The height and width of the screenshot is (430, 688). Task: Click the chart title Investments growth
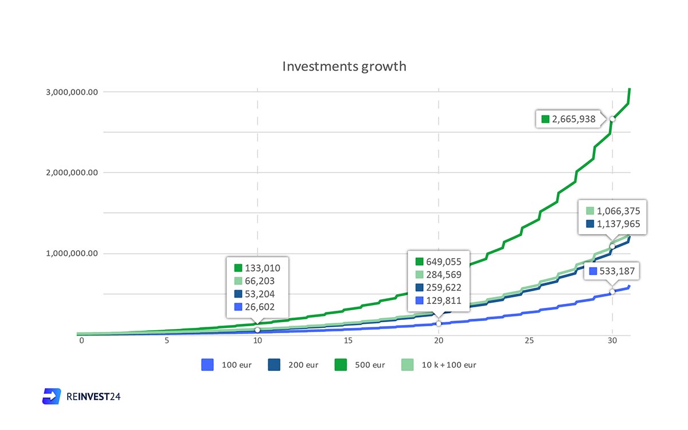344,67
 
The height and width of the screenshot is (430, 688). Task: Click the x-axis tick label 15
348,341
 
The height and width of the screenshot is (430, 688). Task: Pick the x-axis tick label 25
529,341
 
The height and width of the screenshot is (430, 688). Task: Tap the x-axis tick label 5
167,341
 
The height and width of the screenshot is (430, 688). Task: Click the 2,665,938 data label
573,119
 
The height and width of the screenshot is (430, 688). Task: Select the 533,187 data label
617,272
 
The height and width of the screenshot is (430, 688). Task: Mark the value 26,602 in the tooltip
260,307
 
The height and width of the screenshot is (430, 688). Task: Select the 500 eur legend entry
359,365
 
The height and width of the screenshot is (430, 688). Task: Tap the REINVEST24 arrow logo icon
52,396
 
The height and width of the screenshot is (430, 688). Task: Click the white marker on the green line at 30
612,119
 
